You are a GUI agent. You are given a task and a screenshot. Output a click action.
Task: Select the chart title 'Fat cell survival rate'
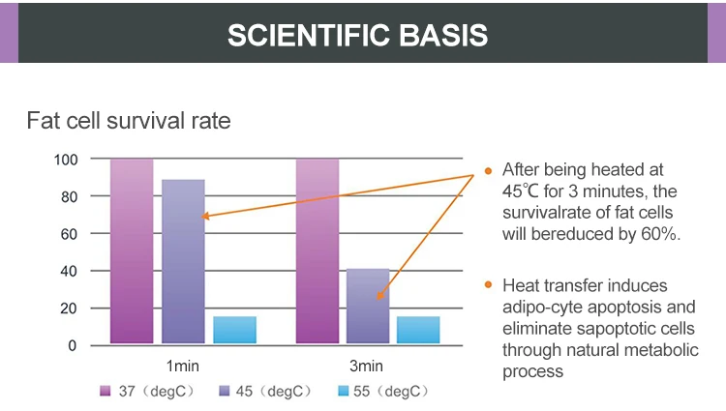pos(128,123)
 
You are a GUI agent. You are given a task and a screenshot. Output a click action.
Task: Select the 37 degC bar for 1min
pos(132,250)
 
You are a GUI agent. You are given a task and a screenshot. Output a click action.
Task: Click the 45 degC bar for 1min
pos(183,261)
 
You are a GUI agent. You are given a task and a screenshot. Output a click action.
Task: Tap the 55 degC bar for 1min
pos(234,330)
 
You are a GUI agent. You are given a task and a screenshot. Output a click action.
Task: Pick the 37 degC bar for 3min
pos(318,250)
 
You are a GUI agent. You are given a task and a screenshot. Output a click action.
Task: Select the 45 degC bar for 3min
pos(368,306)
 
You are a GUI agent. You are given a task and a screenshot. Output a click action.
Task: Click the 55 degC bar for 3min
pos(418,330)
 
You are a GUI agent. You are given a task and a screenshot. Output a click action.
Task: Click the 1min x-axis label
pos(183,366)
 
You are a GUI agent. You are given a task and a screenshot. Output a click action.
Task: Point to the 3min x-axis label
pos(367,366)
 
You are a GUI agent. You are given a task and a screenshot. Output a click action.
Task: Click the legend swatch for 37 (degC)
pos(106,391)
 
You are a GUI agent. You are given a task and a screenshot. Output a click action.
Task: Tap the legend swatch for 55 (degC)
pos(346,391)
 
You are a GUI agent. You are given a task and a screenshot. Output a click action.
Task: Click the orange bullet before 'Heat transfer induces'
pos(489,285)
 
